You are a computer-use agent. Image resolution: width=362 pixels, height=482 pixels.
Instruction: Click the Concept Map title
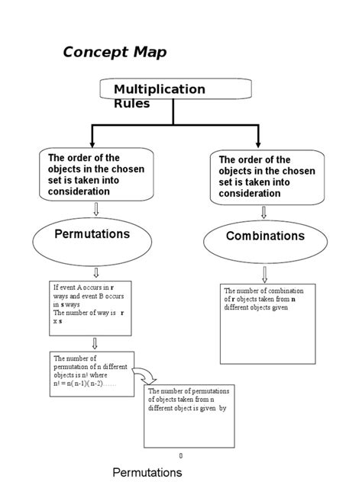tap(114, 52)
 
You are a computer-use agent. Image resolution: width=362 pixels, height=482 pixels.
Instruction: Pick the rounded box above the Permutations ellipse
tap(95, 175)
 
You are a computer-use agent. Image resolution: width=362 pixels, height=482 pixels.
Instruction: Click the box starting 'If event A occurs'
tap(90, 304)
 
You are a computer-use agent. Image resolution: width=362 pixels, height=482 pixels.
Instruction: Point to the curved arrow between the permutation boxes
tap(144, 374)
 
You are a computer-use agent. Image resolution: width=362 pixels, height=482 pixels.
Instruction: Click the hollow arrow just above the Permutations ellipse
tap(95, 209)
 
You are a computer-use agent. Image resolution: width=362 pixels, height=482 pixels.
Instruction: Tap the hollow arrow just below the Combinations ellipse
tap(264, 274)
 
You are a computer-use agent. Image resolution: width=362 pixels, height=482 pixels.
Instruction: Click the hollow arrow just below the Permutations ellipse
tap(95, 272)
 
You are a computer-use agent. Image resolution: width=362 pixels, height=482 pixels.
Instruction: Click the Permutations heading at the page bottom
tap(147, 472)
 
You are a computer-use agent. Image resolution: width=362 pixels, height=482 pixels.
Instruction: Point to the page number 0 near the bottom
tap(181, 456)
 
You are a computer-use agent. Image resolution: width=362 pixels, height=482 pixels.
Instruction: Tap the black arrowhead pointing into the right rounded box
tap(257, 144)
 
